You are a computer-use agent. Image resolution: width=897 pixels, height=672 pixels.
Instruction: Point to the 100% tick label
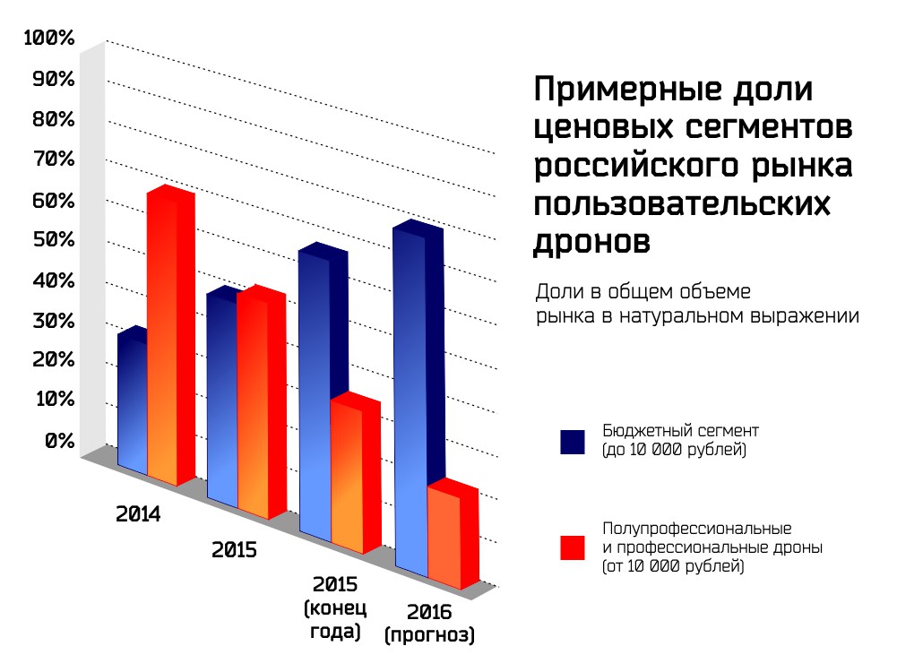[x=49, y=38]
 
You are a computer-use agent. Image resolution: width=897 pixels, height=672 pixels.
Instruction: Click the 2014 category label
[x=138, y=515]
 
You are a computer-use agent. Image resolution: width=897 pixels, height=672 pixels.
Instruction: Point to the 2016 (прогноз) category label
[x=429, y=625]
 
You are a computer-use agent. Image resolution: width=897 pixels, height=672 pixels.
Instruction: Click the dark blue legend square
[x=572, y=441]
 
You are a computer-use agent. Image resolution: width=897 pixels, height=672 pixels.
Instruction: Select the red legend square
[x=572, y=547]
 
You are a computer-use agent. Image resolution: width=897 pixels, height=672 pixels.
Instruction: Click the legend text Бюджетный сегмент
[x=671, y=431]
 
